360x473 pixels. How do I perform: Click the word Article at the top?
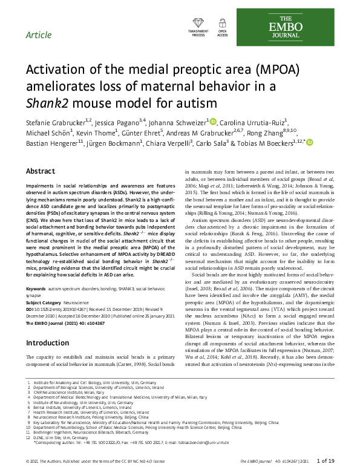(39, 34)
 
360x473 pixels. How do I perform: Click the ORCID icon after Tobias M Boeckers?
(310, 143)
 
